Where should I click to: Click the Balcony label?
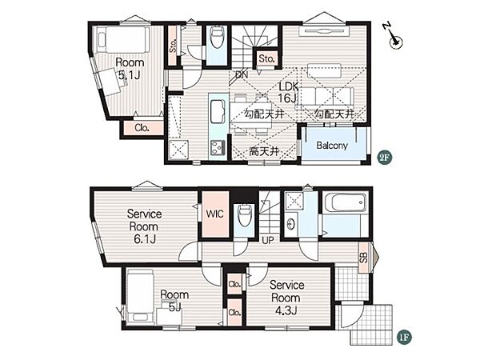tap(332, 145)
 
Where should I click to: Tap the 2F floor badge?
tap(385, 158)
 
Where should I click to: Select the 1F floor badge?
tap(404, 337)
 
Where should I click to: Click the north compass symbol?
tap(394, 36)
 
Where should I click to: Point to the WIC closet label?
tap(214, 214)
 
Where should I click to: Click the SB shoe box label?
tap(363, 258)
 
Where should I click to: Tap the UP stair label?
tap(268, 240)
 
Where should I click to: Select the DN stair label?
tap(242, 75)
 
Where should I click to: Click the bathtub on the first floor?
tap(345, 202)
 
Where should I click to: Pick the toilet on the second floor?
tap(217, 37)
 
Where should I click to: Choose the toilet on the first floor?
tap(244, 215)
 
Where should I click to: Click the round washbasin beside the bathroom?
tap(292, 224)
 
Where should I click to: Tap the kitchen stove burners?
tap(217, 147)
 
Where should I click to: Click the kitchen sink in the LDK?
tap(218, 111)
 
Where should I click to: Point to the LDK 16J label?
tap(288, 92)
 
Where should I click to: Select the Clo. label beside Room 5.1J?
tap(142, 128)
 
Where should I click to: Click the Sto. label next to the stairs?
tap(266, 58)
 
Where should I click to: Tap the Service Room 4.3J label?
tap(286, 298)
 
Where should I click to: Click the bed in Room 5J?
tap(140, 295)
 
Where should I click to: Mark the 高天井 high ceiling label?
tap(264, 151)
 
